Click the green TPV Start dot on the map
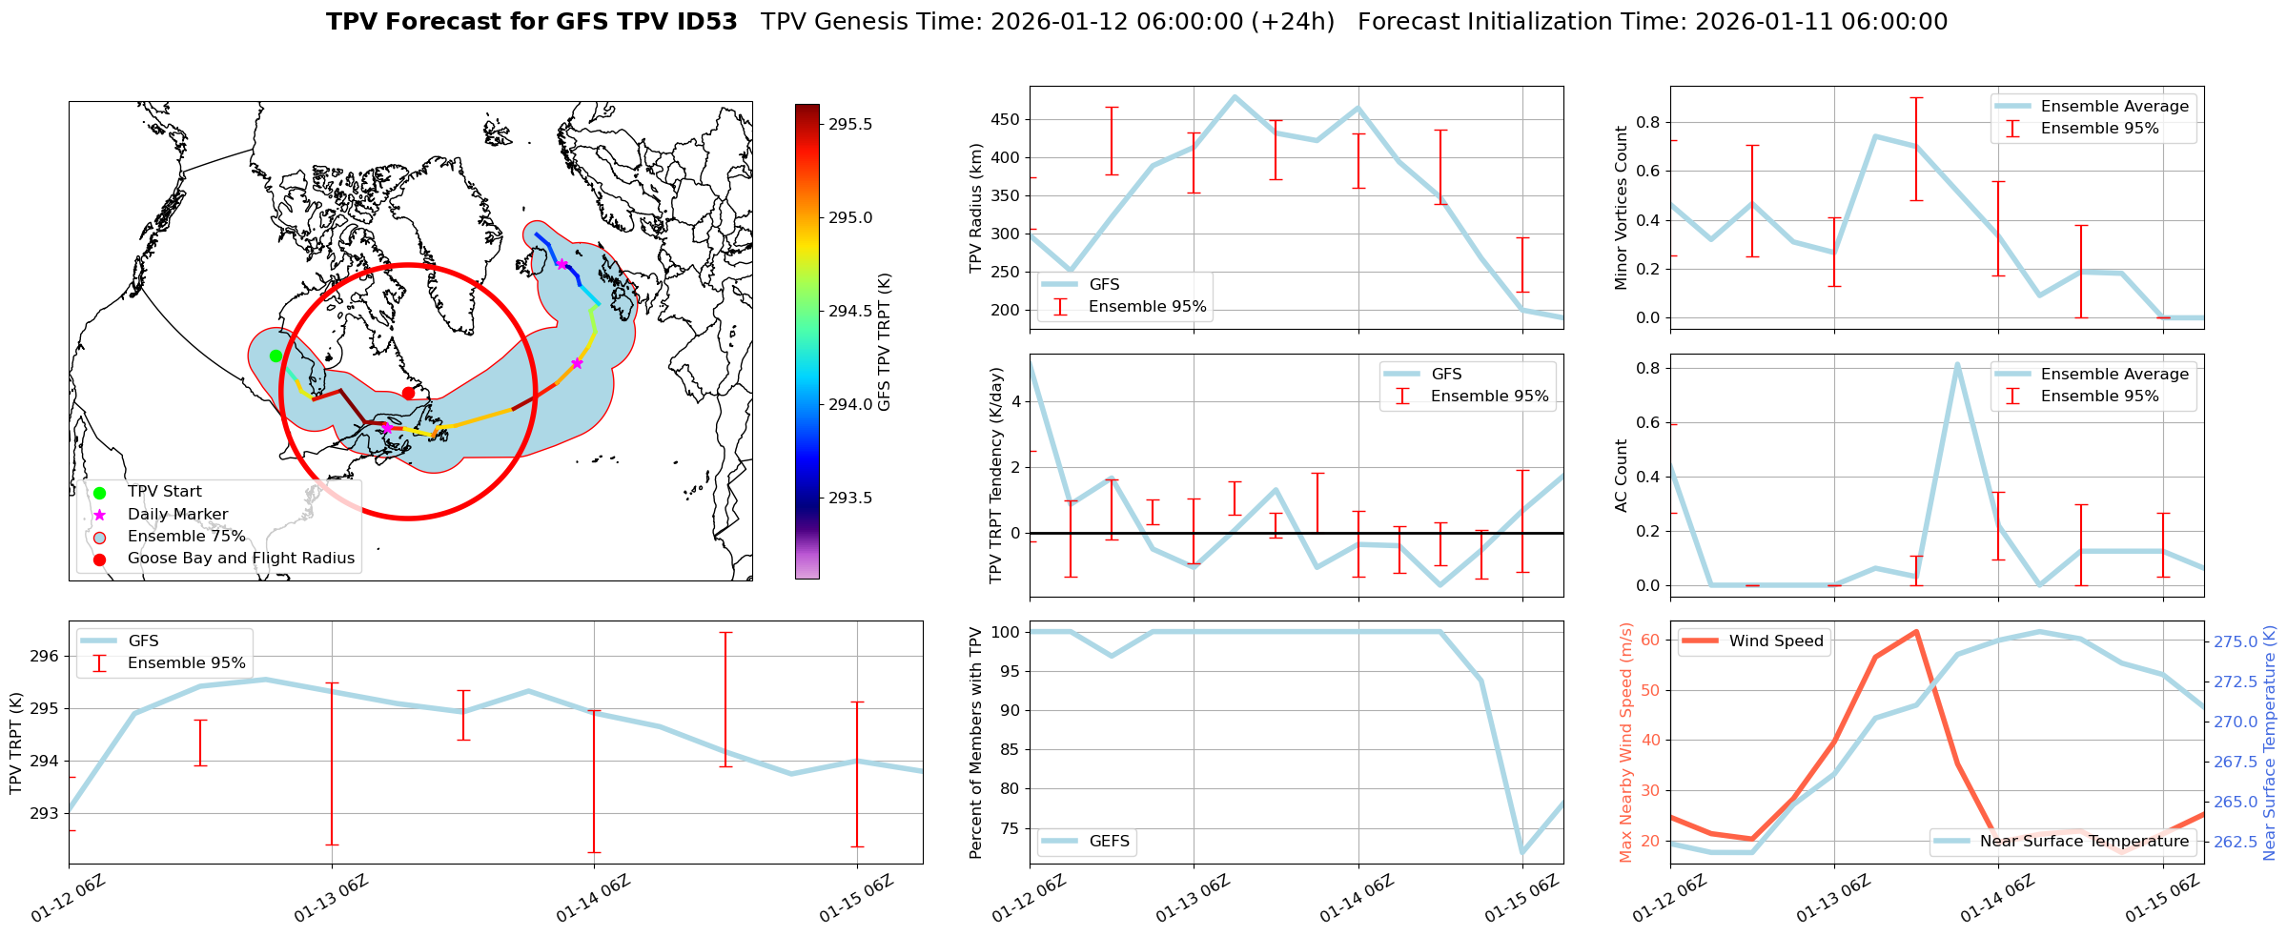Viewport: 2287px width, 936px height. [276, 356]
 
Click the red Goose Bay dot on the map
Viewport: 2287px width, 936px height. [408, 393]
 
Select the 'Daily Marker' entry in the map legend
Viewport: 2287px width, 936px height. [177, 515]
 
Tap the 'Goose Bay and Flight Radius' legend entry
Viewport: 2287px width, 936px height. [240, 559]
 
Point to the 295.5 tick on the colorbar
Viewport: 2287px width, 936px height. [850, 125]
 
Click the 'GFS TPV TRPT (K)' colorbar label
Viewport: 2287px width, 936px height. [885, 341]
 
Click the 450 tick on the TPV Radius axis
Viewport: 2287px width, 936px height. [1008, 120]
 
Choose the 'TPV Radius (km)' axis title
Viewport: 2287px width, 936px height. [975, 208]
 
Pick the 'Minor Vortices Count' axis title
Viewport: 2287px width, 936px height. [1621, 208]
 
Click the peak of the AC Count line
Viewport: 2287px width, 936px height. [1957, 364]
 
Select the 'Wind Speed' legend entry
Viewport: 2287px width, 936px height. [1775, 641]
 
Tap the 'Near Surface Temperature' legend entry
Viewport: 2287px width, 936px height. [2084, 842]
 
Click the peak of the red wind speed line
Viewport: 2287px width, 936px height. [1915, 631]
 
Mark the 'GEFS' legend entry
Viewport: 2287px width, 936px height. [1109, 842]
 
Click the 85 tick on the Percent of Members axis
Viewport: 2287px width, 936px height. [1008, 750]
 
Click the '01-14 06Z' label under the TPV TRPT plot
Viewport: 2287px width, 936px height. [593, 899]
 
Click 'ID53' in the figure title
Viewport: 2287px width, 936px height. [704, 22]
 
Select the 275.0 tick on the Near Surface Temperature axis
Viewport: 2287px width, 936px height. [2235, 642]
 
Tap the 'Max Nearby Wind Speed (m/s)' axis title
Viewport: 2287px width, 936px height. [1626, 743]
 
